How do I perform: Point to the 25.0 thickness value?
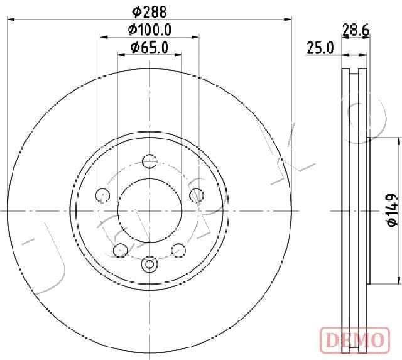(320, 48)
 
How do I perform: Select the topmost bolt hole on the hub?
(149, 161)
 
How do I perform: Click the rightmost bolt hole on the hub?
(196, 195)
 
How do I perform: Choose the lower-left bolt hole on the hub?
(120, 250)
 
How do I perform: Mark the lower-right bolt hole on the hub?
(178, 250)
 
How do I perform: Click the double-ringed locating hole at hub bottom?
(149, 265)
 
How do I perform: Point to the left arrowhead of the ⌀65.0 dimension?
(121, 55)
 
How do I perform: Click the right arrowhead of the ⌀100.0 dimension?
(197, 37)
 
